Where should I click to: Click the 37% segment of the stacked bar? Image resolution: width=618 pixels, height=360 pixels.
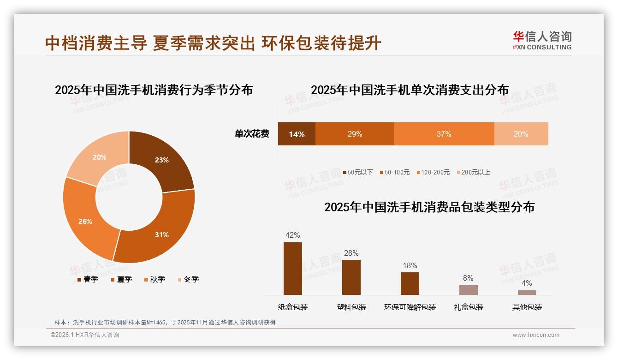point(444,134)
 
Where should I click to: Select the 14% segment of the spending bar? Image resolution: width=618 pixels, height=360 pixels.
point(297,134)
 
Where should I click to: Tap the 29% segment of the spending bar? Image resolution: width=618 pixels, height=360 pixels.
point(355,134)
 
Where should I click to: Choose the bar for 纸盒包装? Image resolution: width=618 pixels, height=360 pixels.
point(293,269)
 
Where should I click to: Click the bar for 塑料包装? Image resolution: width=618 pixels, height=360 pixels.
point(351,277)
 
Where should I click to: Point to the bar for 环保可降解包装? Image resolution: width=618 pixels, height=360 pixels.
point(410,283)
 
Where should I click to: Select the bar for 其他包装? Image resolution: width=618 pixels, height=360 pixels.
point(527,292)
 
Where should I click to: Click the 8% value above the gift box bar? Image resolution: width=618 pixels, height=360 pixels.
point(468,278)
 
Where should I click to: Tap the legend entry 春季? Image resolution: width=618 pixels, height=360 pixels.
point(88,279)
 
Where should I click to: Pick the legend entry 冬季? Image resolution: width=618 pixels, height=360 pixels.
point(188,279)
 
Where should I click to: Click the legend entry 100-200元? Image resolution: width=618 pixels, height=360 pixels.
point(433,172)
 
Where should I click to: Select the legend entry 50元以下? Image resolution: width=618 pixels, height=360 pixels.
point(358,172)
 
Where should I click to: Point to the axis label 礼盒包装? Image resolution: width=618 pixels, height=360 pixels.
point(469,307)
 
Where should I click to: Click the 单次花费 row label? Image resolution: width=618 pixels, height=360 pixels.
point(252,134)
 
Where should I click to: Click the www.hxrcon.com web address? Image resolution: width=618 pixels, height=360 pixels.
point(536,335)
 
